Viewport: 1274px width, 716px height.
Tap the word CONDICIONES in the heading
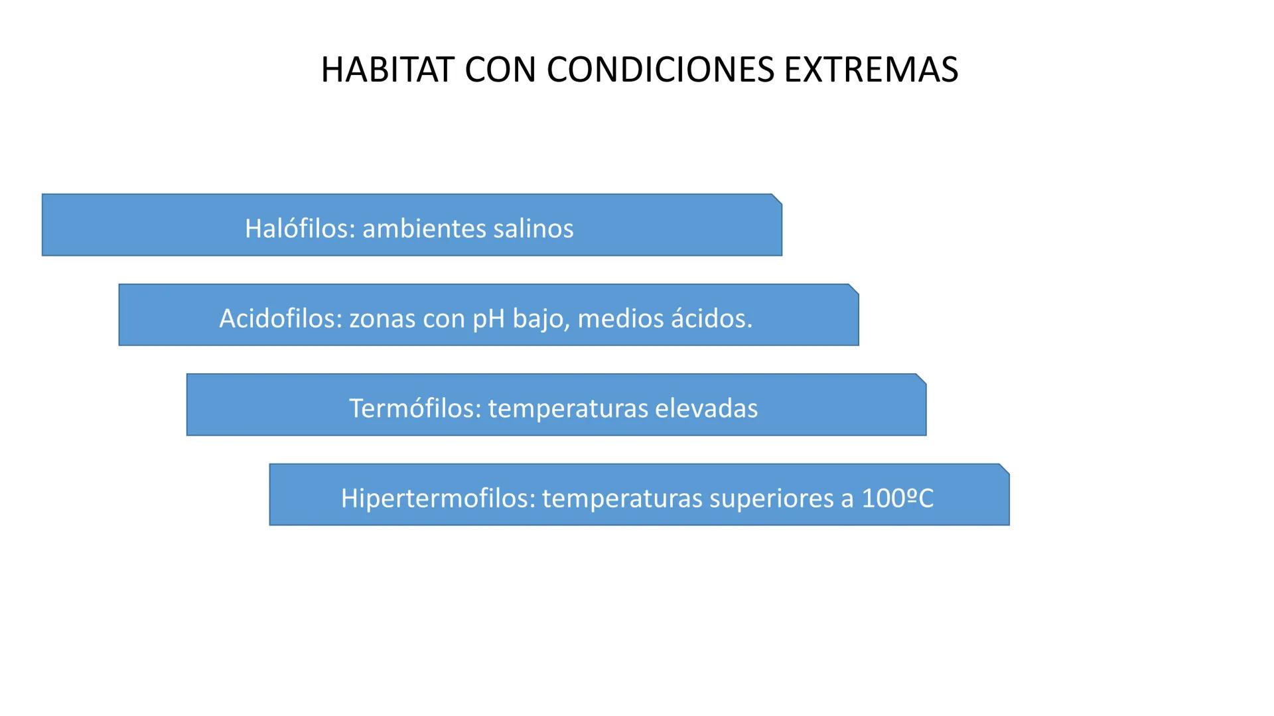[x=660, y=70]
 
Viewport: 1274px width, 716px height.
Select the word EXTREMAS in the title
[x=871, y=70]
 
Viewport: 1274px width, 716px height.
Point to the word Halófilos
[x=300, y=229]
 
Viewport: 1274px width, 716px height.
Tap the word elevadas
[x=706, y=408]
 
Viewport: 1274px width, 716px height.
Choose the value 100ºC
[x=897, y=499]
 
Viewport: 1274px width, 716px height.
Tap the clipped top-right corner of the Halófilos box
[x=777, y=199]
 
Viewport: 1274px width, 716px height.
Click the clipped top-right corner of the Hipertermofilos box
[x=1005, y=469]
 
